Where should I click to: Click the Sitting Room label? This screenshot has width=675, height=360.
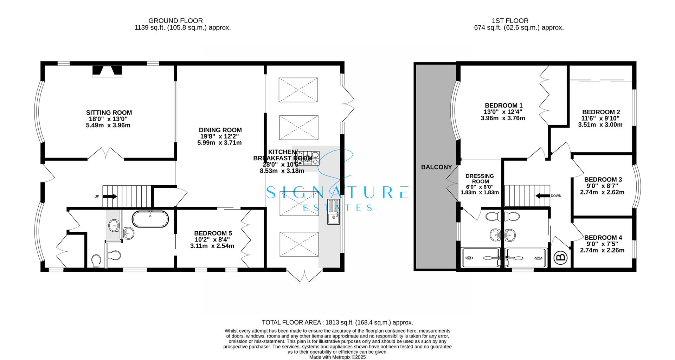pyautogui.click(x=109, y=113)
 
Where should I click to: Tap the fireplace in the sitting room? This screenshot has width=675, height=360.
pyautogui.click(x=107, y=71)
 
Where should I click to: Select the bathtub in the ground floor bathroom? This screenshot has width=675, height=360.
pyautogui.click(x=150, y=219)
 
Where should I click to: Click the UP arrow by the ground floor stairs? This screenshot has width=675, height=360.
pyautogui.click(x=110, y=197)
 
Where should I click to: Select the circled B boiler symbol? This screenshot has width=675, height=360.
pyautogui.click(x=561, y=258)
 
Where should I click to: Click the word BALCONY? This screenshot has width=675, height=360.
pyautogui.click(x=436, y=167)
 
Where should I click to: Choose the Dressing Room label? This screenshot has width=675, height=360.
pyautogui.click(x=480, y=179)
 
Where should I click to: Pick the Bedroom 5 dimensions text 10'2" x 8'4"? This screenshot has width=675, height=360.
pyautogui.click(x=212, y=240)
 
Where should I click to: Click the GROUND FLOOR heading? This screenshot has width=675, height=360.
pyautogui.click(x=175, y=21)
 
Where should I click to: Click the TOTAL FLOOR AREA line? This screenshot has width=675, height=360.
pyautogui.click(x=337, y=322)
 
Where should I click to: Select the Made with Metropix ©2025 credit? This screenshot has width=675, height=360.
pyautogui.click(x=337, y=357)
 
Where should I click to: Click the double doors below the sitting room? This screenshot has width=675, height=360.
pyautogui.click(x=105, y=154)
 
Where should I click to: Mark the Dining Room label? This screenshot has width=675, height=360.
pyautogui.click(x=220, y=130)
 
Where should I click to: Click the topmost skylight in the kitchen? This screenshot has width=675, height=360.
pyautogui.click(x=298, y=90)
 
